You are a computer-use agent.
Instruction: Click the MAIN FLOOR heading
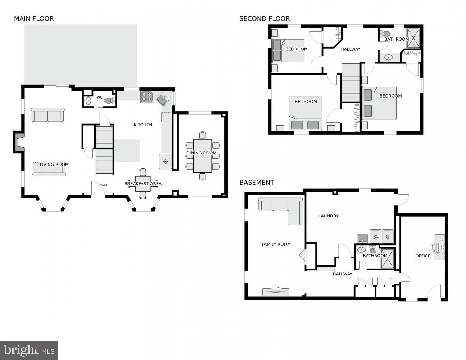pos(34,19)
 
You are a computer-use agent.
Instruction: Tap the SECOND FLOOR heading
pos(264,19)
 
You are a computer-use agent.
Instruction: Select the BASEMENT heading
pos(257,183)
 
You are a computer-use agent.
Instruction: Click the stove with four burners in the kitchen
pos(146,97)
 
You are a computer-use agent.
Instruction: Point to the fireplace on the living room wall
pos(19,142)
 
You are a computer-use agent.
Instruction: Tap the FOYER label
pos(103,185)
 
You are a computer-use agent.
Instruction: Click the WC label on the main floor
pos(99,98)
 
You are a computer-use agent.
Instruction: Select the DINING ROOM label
pos(201,153)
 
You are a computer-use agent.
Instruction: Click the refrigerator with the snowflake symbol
pos(166,161)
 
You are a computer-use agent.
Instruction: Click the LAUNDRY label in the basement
pos(328,216)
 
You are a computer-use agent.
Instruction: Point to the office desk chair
pos(431,247)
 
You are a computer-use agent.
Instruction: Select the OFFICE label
pos(423,256)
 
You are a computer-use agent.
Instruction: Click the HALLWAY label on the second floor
pos(350,49)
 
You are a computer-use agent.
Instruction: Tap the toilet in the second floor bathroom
pos(385,34)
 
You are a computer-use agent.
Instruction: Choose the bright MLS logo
pos(29,350)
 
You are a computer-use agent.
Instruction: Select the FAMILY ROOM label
pos(276,244)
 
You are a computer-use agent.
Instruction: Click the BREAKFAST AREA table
pos(143,184)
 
